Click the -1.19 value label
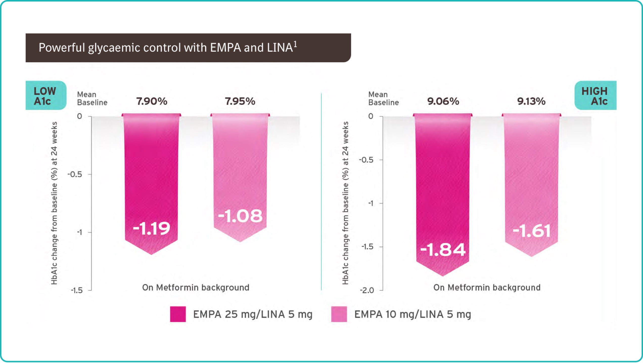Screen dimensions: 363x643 click(152, 228)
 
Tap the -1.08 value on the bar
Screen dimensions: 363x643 click(240, 216)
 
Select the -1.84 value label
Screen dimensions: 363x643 click(443, 250)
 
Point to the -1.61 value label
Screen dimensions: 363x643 click(532, 231)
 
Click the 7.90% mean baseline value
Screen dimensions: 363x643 click(152, 101)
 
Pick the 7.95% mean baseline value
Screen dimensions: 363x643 click(240, 101)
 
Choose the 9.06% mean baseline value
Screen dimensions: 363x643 click(443, 101)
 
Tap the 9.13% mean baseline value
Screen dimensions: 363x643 click(531, 101)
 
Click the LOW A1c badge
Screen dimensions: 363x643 click(45, 96)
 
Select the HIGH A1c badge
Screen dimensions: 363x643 click(595, 96)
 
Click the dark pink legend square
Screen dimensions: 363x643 click(178, 314)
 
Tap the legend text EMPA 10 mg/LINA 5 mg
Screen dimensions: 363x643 click(412, 314)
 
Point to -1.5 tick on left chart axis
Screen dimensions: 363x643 click(77, 290)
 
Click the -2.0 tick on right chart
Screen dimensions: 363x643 click(367, 290)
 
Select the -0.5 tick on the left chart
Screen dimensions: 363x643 click(75, 174)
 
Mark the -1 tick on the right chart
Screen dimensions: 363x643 click(371, 203)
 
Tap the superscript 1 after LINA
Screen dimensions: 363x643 click(295, 45)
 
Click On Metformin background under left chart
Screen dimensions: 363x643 click(196, 288)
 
